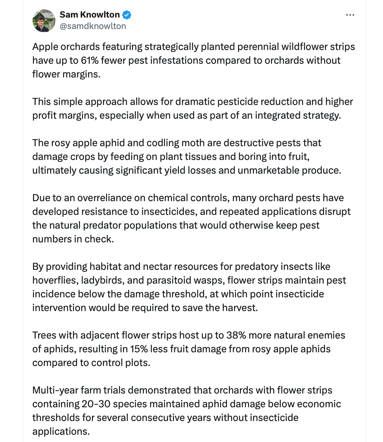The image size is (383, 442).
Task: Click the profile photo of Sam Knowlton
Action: pyautogui.click(x=43, y=21)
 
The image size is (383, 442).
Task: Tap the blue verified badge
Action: pyautogui.click(x=127, y=15)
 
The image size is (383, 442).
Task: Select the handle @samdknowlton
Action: pyautogui.click(x=93, y=26)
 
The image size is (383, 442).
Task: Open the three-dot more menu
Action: pyautogui.click(x=350, y=15)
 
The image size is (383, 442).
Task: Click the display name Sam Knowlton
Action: pyautogui.click(x=90, y=15)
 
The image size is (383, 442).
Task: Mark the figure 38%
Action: pyautogui.click(x=230, y=336)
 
